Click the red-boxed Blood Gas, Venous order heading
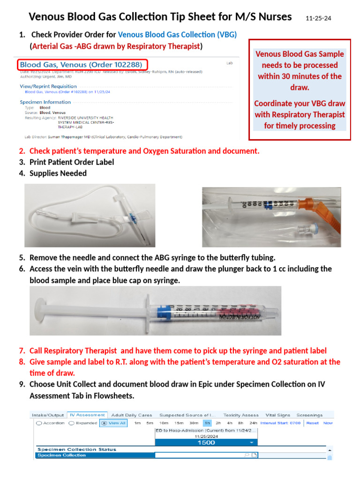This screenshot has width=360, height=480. pos(82,64)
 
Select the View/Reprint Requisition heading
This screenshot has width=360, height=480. pos(48,86)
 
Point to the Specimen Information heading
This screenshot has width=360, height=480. pos(45,102)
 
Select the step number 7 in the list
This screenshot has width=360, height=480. pos(22,351)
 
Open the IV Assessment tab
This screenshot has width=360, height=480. pos(87,415)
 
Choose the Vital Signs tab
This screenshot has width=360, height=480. pos(277,415)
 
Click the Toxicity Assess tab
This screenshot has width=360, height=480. pos(241,415)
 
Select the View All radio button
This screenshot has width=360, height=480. pos(104,423)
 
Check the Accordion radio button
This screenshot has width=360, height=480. pos(39,423)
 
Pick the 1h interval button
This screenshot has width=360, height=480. pos(206,423)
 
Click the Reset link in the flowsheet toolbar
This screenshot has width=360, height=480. pos(312,423)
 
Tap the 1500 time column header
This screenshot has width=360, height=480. pos(206,442)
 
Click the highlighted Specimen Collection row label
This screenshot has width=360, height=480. pos(62,455)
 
